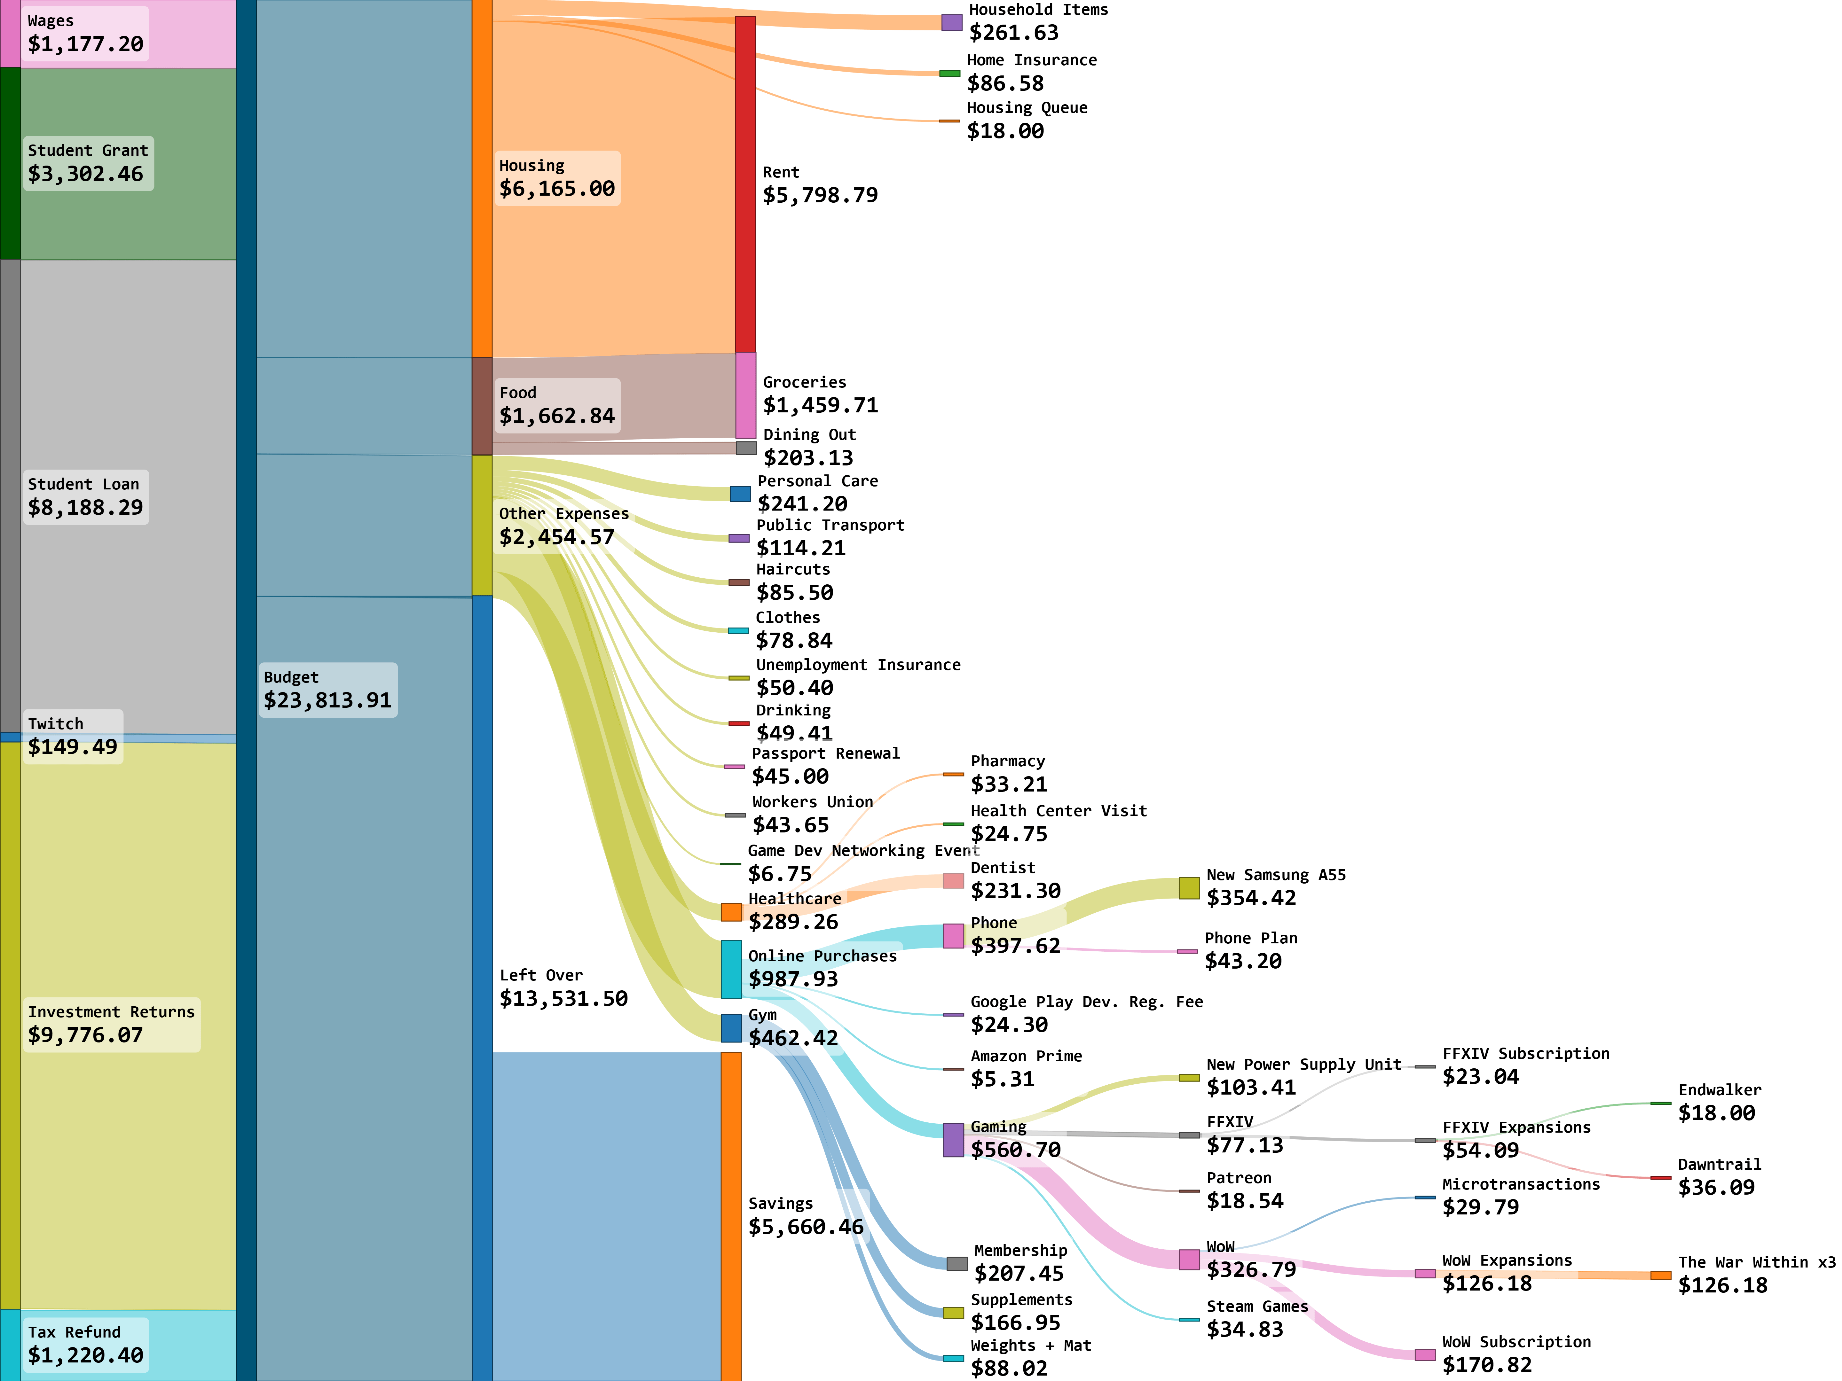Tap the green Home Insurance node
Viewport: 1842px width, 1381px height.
tap(949, 73)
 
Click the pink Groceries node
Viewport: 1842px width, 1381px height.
tap(745, 395)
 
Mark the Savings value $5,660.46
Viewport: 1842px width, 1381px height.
tap(805, 1227)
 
